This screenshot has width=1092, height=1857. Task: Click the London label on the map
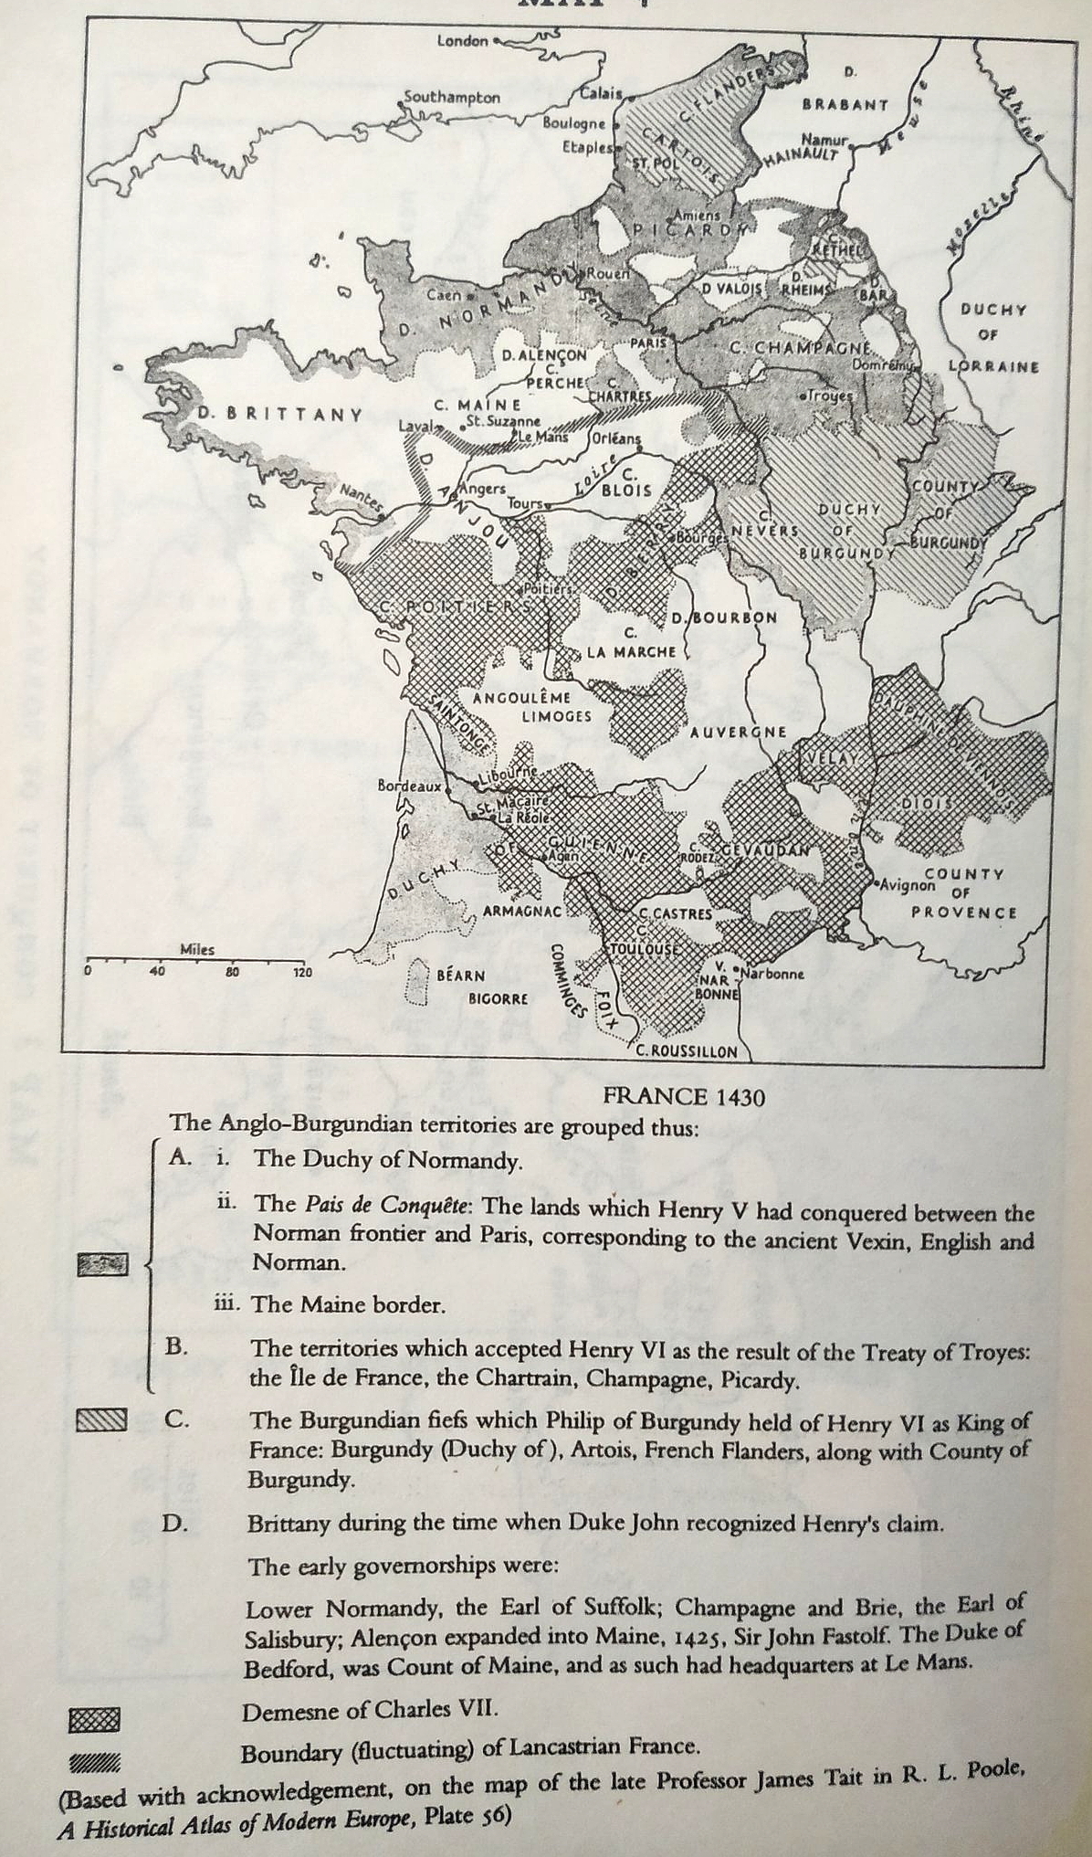tap(463, 41)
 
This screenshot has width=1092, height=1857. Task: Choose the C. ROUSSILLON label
tap(686, 1050)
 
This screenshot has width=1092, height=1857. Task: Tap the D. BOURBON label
tap(725, 617)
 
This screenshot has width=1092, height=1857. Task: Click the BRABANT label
tap(845, 104)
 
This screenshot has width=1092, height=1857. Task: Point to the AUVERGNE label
tap(738, 732)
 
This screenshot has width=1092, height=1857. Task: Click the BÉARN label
tap(460, 975)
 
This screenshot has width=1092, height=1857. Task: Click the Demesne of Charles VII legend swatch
tap(94, 1720)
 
